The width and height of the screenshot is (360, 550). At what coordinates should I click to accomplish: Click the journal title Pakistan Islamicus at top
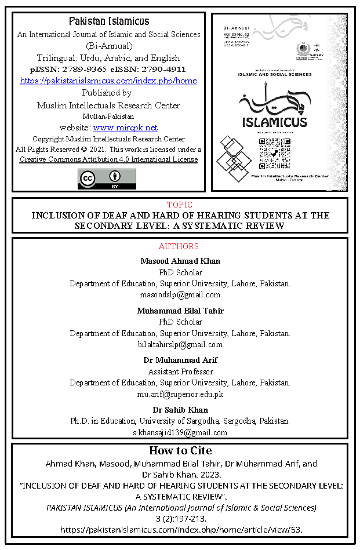pyautogui.click(x=108, y=21)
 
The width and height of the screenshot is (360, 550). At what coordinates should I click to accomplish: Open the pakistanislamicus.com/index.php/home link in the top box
pyautogui.click(x=108, y=81)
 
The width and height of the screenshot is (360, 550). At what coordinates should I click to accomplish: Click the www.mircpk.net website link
pyautogui.click(x=125, y=128)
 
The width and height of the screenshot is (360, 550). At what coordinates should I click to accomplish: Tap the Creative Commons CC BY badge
pyautogui.click(x=107, y=179)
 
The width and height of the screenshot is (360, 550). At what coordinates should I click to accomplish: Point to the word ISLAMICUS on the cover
pyautogui.click(x=275, y=123)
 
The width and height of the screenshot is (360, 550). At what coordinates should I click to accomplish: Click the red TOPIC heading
pyautogui.click(x=180, y=205)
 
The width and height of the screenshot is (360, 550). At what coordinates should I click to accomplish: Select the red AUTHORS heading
pyautogui.click(x=180, y=246)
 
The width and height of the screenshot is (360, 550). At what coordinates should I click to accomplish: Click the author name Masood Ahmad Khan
pyautogui.click(x=180, y=261)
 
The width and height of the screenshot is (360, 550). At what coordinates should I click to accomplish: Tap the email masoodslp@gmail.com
pyautogui.click(x=180, y=295)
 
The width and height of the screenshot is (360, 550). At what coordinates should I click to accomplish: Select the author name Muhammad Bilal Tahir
pyautogui.click(x=180, y=311)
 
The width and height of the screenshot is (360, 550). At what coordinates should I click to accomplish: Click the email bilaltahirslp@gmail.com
pyautogui.click(x=180, y=344)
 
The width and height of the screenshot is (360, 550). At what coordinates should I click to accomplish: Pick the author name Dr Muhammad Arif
pyautogui.click(x=180, y=360)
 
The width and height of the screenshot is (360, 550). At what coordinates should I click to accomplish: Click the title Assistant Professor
pyautogui.click(x=180, y=371)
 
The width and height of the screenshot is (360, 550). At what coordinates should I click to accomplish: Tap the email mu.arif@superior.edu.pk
pyautogui.click(x=180, y=394)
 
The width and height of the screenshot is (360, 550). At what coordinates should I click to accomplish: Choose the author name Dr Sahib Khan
pyautogui.click(x=180, y=410)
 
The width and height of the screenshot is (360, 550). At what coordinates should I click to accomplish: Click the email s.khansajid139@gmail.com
pyautogui.click(x=180, y=432)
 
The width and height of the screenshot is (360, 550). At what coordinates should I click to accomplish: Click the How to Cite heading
pyautogui.click(x=180, y=450)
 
